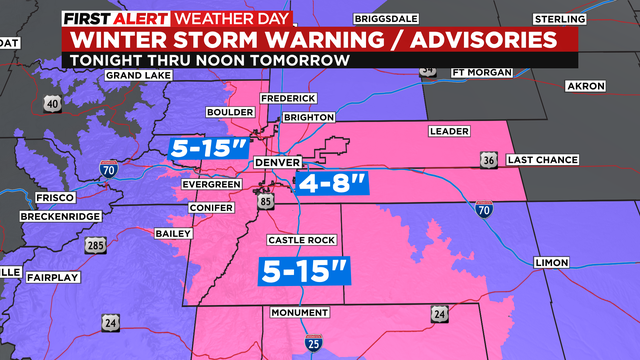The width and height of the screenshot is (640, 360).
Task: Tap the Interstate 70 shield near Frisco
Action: click(108, 172)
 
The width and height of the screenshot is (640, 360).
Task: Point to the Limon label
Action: click(551, 262)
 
